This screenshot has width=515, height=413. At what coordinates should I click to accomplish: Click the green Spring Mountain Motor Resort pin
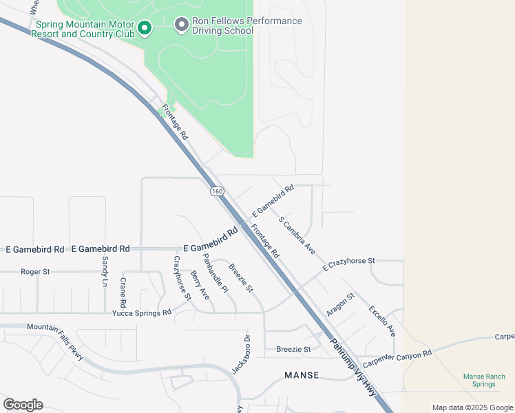tap(145, 28)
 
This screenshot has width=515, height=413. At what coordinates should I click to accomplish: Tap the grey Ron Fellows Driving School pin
tap(182, 25)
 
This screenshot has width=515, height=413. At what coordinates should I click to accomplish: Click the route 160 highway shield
tap(217, 191)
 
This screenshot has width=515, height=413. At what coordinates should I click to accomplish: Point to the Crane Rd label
tap(123, 293)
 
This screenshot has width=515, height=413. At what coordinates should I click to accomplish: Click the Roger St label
tap(35, 272)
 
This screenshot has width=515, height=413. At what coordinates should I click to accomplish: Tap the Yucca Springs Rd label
tap(143, 313)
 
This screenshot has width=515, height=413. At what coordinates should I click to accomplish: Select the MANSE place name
tap(302, 375)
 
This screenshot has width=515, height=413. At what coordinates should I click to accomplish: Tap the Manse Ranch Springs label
tap(484, 380)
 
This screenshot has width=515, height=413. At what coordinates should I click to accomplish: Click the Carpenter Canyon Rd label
tap(397, 357)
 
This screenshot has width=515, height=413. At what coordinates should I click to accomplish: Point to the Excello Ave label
tap(382, 321)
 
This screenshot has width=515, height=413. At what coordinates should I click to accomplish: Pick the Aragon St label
tap(340, 304)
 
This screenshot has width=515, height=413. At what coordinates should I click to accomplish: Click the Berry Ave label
tap(200, 284)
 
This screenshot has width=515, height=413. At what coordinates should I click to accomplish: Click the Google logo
tap(23, 405)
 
